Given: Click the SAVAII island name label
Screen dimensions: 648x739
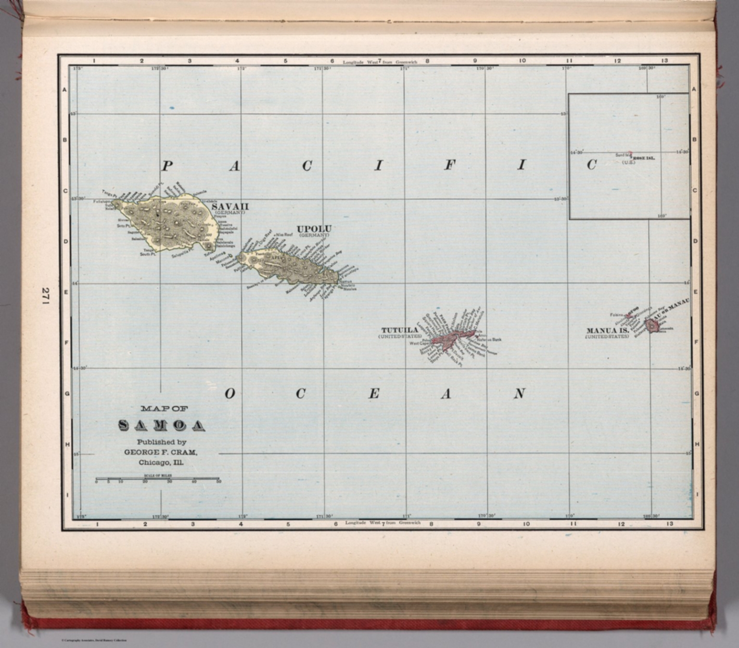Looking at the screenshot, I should coord(230,206).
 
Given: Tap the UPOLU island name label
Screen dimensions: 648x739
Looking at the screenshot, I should coord(314,229).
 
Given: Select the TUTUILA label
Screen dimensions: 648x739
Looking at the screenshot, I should coord(399,330).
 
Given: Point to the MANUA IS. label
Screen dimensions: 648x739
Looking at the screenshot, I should coord(607,331).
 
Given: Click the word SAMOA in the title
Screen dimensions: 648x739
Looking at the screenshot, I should coord(161,426).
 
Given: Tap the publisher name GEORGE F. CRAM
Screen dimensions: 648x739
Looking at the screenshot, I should coord(161,453).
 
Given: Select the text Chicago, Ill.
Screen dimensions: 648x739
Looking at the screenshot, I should coord(161,463).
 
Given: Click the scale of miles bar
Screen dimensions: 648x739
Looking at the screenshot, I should coord(157,479).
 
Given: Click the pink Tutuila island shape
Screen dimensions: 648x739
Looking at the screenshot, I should coord(447,339).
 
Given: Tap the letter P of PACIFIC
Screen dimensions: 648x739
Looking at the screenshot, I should coord(166,167).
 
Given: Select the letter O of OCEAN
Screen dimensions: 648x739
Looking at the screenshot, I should coord(230,394).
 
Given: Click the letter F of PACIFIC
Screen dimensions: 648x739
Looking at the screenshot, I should coord(448,166).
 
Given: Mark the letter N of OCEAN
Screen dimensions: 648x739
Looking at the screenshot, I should coord(519,394).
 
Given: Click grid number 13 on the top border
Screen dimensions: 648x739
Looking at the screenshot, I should coord(664,61).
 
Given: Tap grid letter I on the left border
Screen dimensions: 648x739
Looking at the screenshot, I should coord(67,494).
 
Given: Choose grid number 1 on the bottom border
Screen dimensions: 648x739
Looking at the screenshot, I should coord(97,524).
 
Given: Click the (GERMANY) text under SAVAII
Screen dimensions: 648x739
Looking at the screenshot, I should coord(230,212).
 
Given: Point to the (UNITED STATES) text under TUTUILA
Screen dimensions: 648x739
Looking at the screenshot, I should coord(399,336).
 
